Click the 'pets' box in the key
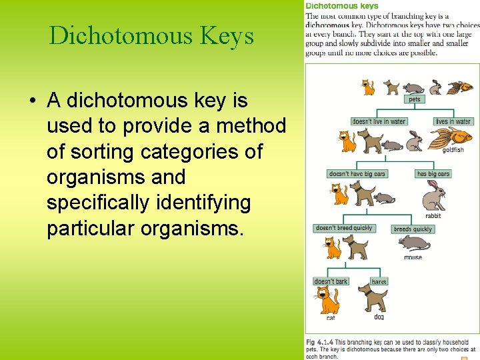tap(415, 99)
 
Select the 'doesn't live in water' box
tap(379, 121)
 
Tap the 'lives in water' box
tap(453, 121)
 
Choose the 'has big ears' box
tap(433, 174)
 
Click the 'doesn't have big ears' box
tap(357, 174)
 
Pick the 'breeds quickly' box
tap(413, 229)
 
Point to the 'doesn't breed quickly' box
tap(344, 228)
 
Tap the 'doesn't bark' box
tap(331, 281)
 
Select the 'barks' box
tap(379, 282)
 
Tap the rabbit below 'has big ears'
tap(433, 196)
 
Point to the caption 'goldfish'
tap(453, 150)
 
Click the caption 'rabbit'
tap(433, 216)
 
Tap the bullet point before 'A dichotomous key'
tap(32, 101)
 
